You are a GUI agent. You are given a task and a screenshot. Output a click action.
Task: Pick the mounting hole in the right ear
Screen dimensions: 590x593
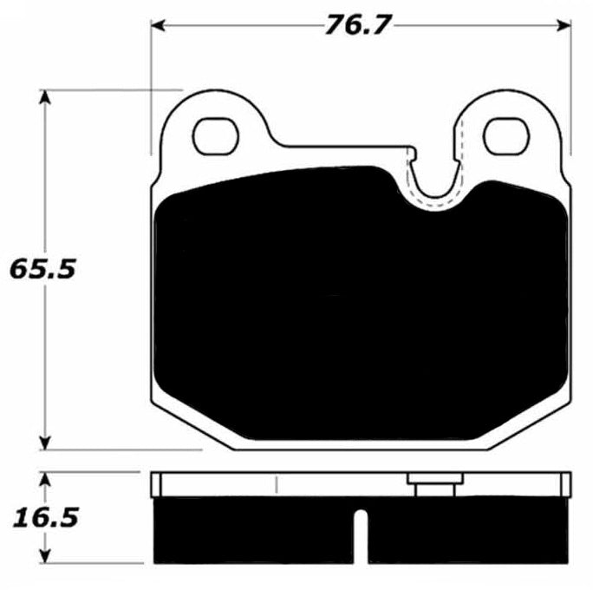(x=505, y=134)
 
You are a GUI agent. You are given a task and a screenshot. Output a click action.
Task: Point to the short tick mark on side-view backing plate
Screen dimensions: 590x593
(x=275, y=484)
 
